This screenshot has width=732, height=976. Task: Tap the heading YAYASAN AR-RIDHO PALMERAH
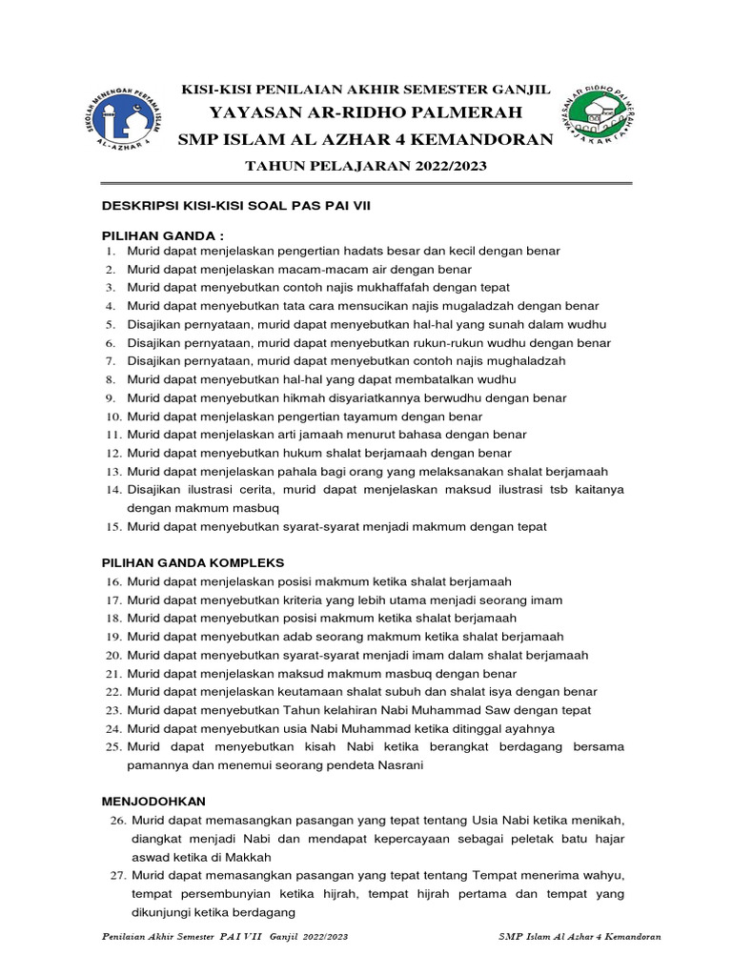366,114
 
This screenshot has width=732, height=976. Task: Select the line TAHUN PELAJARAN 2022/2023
366,166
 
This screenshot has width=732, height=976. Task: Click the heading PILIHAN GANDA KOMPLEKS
193,563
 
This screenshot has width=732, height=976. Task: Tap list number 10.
112,417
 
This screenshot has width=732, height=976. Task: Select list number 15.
112,526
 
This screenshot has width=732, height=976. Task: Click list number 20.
112,655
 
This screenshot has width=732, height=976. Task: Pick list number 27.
117,875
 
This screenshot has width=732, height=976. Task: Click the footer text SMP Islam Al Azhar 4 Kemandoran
579,937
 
